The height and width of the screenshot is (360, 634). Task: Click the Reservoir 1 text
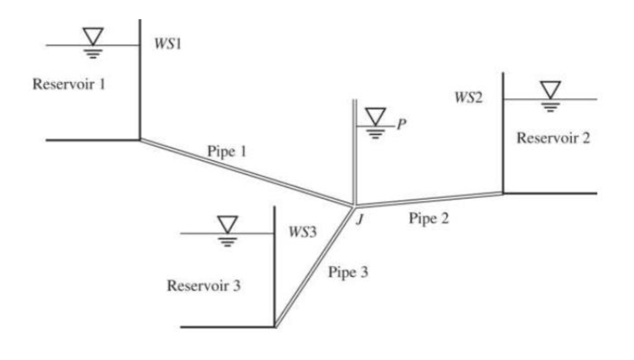coord(69,84)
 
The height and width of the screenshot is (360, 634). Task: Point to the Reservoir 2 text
coord(553,138)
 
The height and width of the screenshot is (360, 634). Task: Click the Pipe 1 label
coord(226,152)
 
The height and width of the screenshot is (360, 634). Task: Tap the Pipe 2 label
coord(429,218)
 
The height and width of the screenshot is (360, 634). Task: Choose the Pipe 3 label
coord(348,272)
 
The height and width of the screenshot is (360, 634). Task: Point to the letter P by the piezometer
coord(402,124)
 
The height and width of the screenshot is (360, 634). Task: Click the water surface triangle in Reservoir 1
coord(93,36)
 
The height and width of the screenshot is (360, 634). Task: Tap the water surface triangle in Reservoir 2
coord(550,89)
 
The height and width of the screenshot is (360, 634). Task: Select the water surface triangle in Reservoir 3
coord(228,224)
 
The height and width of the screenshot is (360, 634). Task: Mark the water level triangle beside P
coord(375,116)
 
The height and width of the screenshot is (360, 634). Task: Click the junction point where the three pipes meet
coord(354,205)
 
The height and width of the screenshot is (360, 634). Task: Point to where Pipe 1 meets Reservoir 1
coord(140,140)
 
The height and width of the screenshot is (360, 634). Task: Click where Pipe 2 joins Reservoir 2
coord(502,193)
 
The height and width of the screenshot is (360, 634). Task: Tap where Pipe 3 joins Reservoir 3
coord(276,326)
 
